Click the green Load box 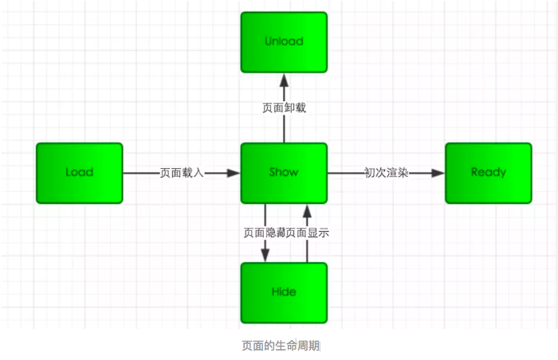tap(79, 173)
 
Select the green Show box tap(284, 173)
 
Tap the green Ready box tap(488, 173)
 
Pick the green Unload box tap(284, 41)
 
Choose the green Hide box tap(284, 292)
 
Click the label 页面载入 tap(182, 173)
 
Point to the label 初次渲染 tap(386, 173)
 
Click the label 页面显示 tap(308, 233)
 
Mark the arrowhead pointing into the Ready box tap(438, 173)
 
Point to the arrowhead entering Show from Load tap(234, 173)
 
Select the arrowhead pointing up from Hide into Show tap(306, 210)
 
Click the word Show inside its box tap(284, 173)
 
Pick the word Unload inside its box tap(284, 41)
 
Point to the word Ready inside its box tap(488, 173)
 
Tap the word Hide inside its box tap(284, 292)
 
